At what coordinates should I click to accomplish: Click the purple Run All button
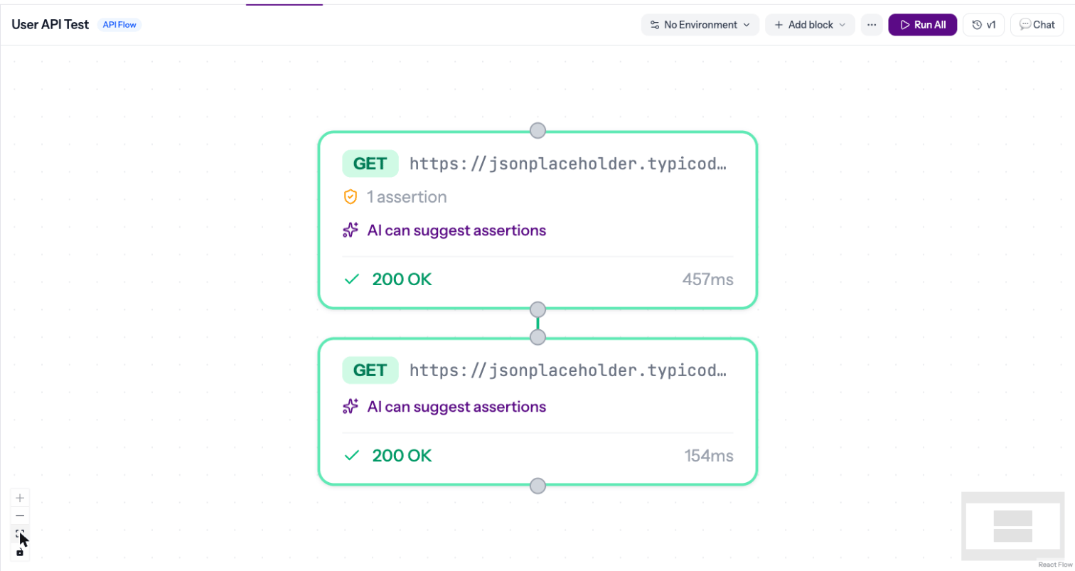pyautogui.click(x=922, y=25)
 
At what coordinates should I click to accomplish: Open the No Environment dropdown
pyautogui.click(x=700, y=25)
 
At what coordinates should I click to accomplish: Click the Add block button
pyautogui.click(x=810, y=25)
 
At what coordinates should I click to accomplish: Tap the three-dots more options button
pyautogui.click(x=872, y=25)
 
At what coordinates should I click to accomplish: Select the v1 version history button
pyautogui.click(x=984, y=25)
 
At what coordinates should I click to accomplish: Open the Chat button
pyautogui.click(x=1037, y=25)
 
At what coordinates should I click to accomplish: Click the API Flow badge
pyautogui.click(x=119, y=25)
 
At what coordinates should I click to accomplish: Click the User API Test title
pyautogui.click(x=50, y=24)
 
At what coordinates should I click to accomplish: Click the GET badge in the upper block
pyautogui.click(x=370, y=164)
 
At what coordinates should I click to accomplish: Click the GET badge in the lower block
pyautogui.click(x=370, y=370)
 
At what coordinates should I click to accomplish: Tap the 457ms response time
pyautogui.click(x=708, y=279)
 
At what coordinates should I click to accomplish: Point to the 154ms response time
pyautogui.click(x=709, y=455)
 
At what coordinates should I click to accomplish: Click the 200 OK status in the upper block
pyautogui.click(x=402, y=279)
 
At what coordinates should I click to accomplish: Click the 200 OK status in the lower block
pyautogui.click(x=402, y=455)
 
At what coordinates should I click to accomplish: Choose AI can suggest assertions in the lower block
pyautogui.click(x=456, y=407)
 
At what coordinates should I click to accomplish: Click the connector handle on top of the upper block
pyautogui.click(x=537, y=131)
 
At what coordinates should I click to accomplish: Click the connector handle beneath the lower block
pyautogui.click(x=537, y=486)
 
